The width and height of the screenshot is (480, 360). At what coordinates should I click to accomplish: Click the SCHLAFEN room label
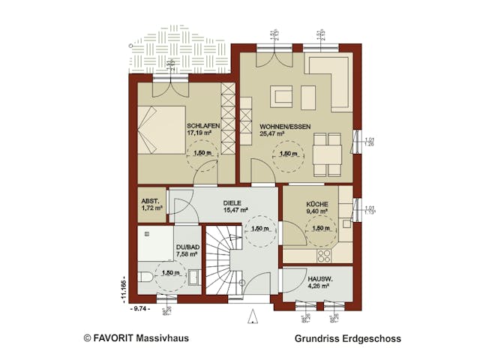[202, 125]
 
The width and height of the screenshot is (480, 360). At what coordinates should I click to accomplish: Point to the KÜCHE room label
[317, 203]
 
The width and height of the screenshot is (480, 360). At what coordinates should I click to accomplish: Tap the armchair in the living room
[282, 97]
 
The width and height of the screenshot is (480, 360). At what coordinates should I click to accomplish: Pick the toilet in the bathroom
[146, 273]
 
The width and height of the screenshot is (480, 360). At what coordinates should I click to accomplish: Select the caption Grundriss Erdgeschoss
[347, 338]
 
